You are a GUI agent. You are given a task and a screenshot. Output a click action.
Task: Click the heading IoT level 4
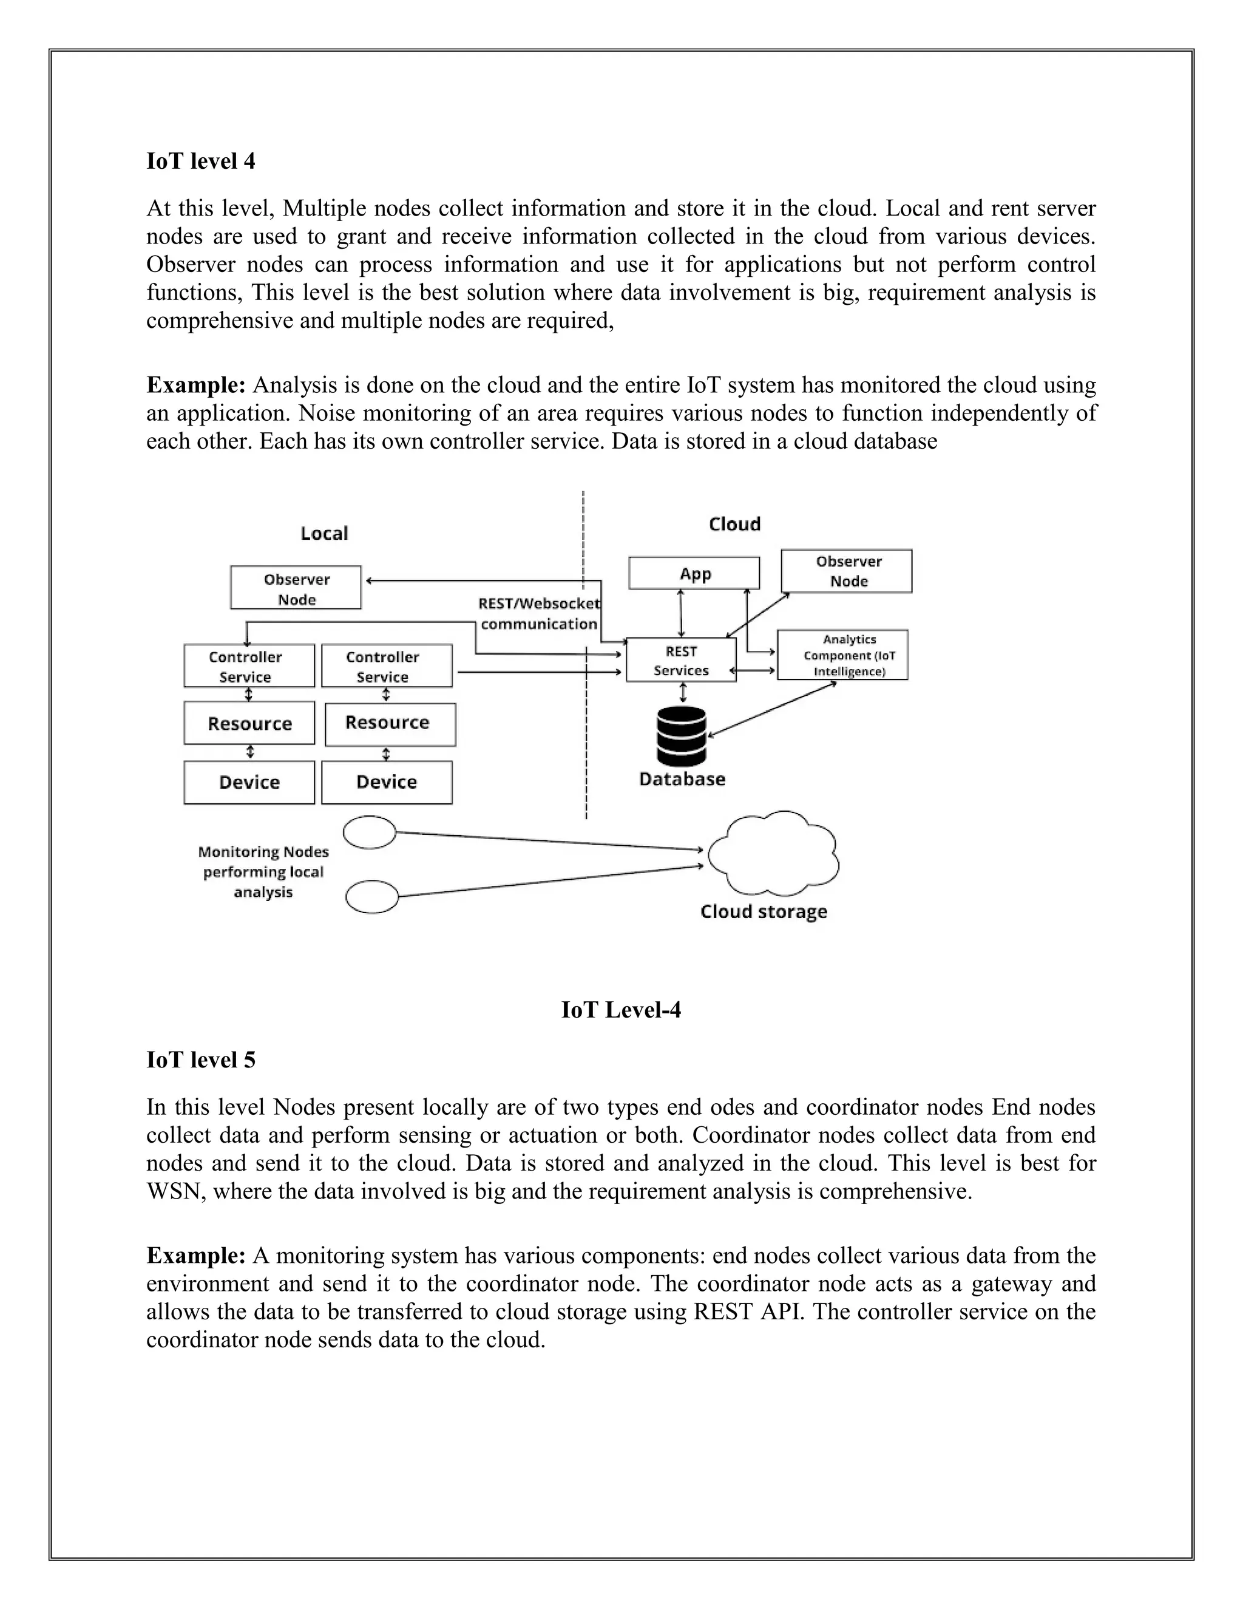pyautogui.click(x=200, y=162)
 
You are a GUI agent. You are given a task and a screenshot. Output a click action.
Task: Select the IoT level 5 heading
pyautogui.click(x=200, y=1060)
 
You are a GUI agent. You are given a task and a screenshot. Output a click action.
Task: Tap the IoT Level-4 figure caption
pyautogui.click(x=621, y=1009)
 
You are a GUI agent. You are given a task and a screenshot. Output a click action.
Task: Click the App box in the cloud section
pyautogui.click(x=694, y=573)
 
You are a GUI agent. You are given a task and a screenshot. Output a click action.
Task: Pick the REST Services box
pyautogui.click(x=680, y=660)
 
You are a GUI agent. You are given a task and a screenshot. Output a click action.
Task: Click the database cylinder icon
pyautogui.click(x=681, y=736)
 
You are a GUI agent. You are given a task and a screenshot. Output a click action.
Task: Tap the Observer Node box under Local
pyautogui.click(x=296, y=588)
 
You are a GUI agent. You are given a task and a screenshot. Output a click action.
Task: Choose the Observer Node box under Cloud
pyautogui.click(x=846, y=571)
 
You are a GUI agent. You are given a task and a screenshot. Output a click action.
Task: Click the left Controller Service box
pyautogui.click(x=249, y=666)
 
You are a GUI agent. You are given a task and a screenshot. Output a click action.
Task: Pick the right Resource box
pyautogui.click(x=390, y=724)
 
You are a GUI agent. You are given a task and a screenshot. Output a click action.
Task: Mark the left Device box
pyautogui.click(x=249, y=783)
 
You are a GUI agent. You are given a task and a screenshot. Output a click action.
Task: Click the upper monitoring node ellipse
pyautogui.click(x=370, y=832)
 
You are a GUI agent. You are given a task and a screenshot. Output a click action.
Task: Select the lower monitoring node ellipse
pyautogui.click(x=372, y=897)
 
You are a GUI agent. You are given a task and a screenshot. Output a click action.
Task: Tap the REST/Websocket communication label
pyautogui.click(x=539, y=614)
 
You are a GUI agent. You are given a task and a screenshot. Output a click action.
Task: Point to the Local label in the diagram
pyautogui.click(x=323, y=533)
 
